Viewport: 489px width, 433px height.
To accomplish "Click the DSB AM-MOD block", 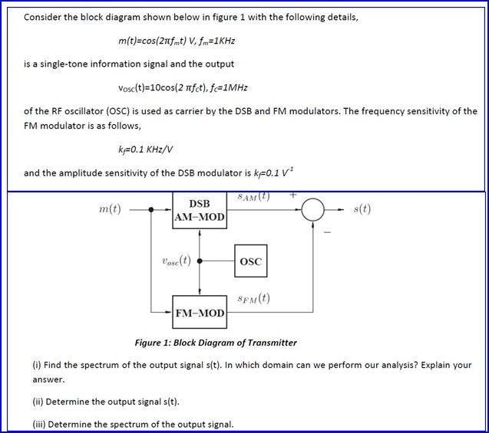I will pos(200,210).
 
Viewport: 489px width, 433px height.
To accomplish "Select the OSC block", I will pos(250,261).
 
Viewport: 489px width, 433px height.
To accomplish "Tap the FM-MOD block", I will pos(200,313).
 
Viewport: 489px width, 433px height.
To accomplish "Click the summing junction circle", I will pos(312,209).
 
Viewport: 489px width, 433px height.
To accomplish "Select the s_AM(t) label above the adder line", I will pos(253,197).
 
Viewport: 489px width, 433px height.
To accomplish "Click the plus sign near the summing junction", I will pos(292,196).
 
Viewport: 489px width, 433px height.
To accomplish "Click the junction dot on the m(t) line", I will pos(150,209).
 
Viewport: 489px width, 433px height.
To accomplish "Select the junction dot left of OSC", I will pos(200,261).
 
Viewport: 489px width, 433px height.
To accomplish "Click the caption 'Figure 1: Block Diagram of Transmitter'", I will pos(216,343).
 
